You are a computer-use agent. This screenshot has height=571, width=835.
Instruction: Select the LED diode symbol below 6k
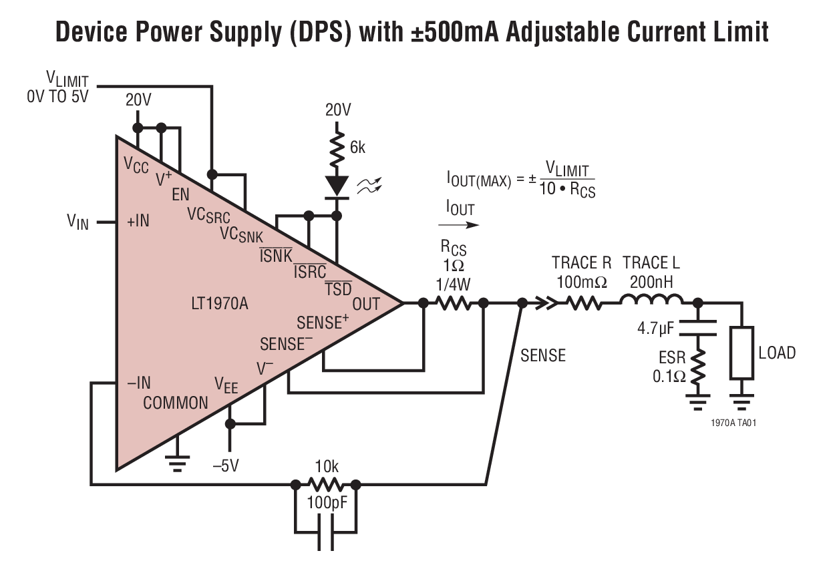pos(337,185)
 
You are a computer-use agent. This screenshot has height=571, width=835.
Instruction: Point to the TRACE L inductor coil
pos(651,301)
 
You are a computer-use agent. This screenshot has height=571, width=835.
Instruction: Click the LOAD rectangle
pos(742,352)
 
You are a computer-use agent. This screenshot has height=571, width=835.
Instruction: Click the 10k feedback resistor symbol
pos(325,484)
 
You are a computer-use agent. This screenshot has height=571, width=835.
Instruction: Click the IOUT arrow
pos(460,227)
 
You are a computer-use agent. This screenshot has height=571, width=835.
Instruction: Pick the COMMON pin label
pos(176,403)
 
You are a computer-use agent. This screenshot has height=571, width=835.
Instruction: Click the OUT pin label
pos(366,304)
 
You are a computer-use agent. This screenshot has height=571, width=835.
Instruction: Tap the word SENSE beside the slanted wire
pos(543,355)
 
